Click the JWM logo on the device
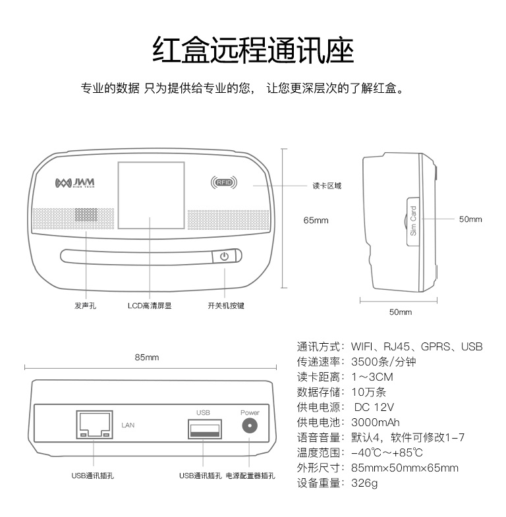tap(75, 183)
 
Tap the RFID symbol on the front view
tap(224, 182)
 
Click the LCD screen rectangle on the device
tap(151, 195)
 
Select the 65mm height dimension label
tap(316, 220)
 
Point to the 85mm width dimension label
tap(147, 358)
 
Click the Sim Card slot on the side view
tap(413, 221)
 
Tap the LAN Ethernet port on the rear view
tap(95, 425)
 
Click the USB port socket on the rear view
tap(205, 429)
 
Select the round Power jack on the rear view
tap(250, 425)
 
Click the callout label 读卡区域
tap(327, 186)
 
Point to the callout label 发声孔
tap(85, 306)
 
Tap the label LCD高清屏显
tap(150, 306)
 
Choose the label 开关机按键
tap(226, 306)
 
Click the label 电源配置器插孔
tap(250, 476)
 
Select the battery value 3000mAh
tap(376, 422)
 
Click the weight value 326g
tap(364, 483)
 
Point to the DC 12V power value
tap(374, 407)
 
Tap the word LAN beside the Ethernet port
tap(128, 425)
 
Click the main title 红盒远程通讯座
tap(253, 50)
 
